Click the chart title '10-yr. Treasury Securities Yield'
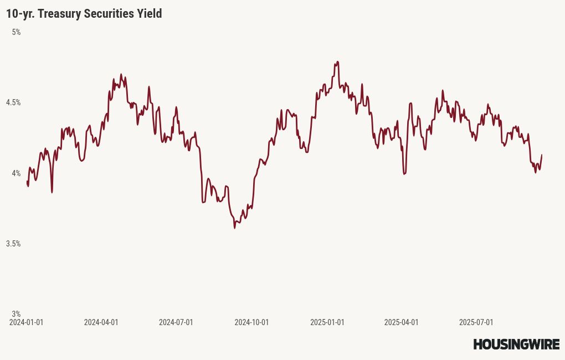point(84,14)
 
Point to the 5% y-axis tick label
point(16,32)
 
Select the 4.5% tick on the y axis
point(13,102)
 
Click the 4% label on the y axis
point(16,173)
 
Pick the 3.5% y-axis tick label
point(13,244)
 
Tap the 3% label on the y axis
point(16,314)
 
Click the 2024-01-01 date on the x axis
point(26,322)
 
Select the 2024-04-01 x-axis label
point(101,322)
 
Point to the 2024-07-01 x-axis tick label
point(176,322)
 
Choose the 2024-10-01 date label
point(251,322)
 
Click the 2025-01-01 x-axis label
point(327,322)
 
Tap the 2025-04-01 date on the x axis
point(401,322)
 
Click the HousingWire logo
point(516,344)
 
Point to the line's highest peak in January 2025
point(337,62)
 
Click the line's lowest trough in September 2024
point(235,228)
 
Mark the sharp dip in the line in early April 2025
point(405,174)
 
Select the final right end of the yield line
point(541,155)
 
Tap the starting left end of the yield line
point(27,182)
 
